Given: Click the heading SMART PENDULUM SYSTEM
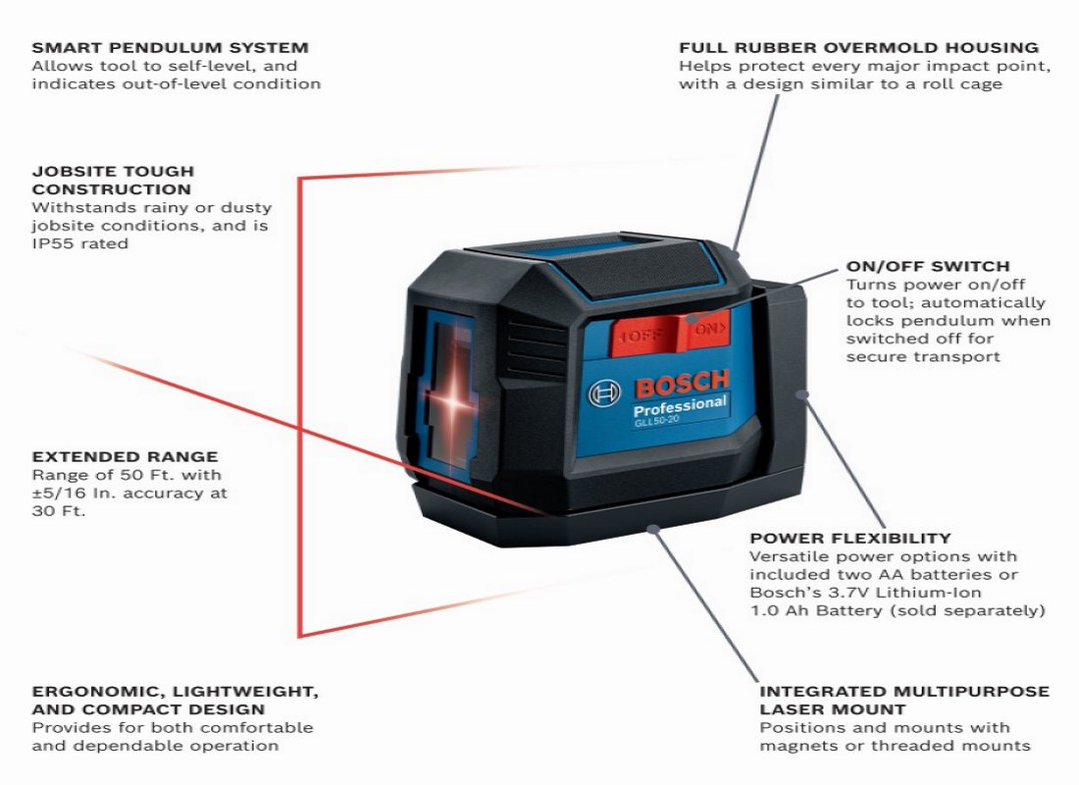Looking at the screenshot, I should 170,47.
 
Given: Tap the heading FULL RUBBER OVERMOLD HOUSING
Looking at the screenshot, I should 858,47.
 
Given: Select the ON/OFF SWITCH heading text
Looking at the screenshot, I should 927,266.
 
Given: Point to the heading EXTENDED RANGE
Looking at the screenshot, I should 125,456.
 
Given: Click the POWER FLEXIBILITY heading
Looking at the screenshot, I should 849,538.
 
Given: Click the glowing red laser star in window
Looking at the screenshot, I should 454,400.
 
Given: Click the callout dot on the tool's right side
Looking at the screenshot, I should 803,393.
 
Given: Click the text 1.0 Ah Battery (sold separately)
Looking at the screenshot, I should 897,610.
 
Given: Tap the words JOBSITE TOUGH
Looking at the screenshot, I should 113,172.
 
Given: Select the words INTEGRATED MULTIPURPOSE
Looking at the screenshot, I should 903,691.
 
